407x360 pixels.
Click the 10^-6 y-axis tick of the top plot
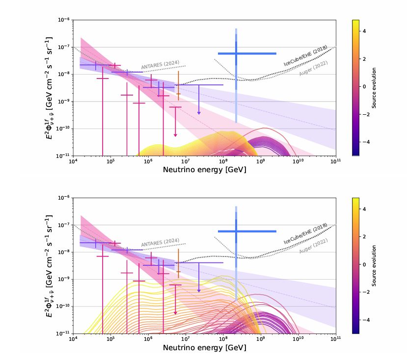pos(63,20)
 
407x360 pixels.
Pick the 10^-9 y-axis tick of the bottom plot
pos(63,279)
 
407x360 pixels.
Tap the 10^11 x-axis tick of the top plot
pos(336,161)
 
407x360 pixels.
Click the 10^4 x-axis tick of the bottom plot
pos(73,339)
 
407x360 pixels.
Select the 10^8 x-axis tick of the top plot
pos(223,161)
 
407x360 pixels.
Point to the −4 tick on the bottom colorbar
pos(365,319)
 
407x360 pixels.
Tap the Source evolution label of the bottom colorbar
pos(374,265)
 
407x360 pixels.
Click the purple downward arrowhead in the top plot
pos(199,113)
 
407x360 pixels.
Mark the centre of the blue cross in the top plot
pos(236,53)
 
